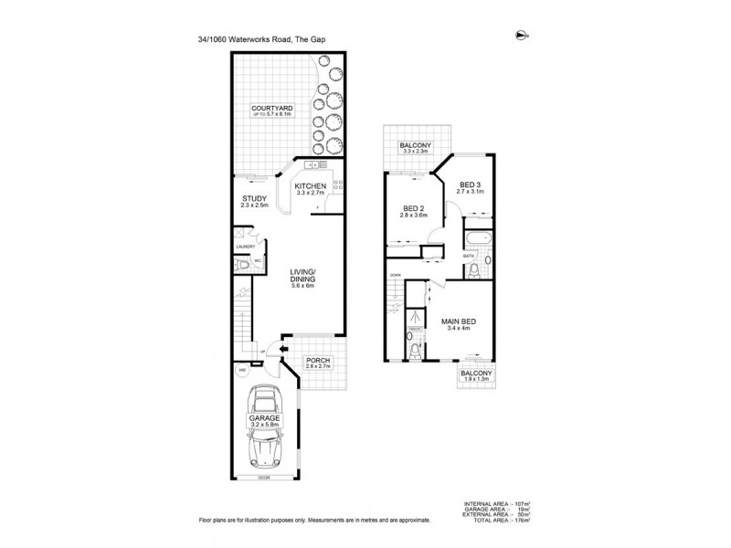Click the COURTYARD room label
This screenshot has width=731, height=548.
(x=271, y=109)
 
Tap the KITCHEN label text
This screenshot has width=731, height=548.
(x=310, y=186)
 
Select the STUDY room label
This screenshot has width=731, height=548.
(x=254, y=199)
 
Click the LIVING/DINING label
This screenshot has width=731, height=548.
(x=302, y=276)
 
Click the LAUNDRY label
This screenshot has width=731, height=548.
(x=245, y=247)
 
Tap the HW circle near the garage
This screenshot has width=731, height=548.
(x=243, y=371)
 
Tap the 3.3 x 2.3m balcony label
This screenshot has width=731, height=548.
(x=415, y=149)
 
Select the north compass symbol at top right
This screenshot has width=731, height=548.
(x=521, y=36)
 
